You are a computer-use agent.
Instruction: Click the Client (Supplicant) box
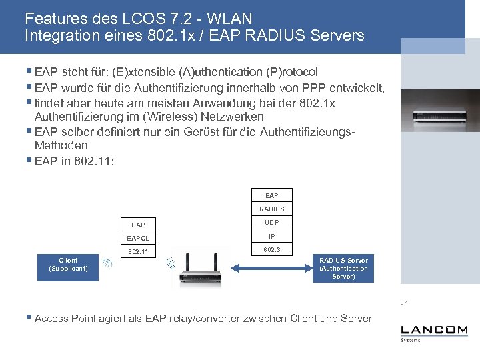68,265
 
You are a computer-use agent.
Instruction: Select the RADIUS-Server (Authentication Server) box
343,268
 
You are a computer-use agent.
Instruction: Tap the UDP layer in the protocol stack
271,222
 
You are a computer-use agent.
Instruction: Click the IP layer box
271,236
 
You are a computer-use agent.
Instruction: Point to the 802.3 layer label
271,249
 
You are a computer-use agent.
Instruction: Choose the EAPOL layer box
139,238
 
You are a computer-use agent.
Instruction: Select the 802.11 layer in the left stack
139,252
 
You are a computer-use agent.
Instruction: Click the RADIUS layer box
271,209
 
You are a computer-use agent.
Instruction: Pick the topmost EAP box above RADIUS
271,195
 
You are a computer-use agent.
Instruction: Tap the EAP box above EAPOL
139,225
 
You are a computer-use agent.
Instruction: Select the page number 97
404,303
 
